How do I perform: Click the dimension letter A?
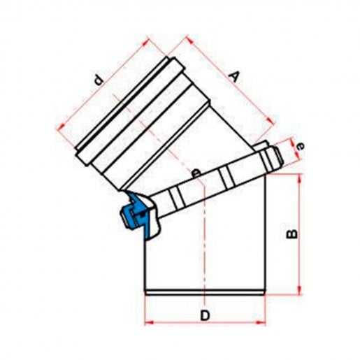click(x=234, y=77)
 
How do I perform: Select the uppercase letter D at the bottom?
click(x=205, y=316)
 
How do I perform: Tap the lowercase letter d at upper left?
click(x=99, y=80)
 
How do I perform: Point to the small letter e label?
click(x=301, y=146)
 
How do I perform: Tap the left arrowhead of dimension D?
click(x=149, y=323)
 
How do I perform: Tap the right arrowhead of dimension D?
click(x=261, y=323)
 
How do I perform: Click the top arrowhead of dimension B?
click(x=300, y=178)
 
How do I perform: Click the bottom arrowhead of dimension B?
click(x=300, y=291)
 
